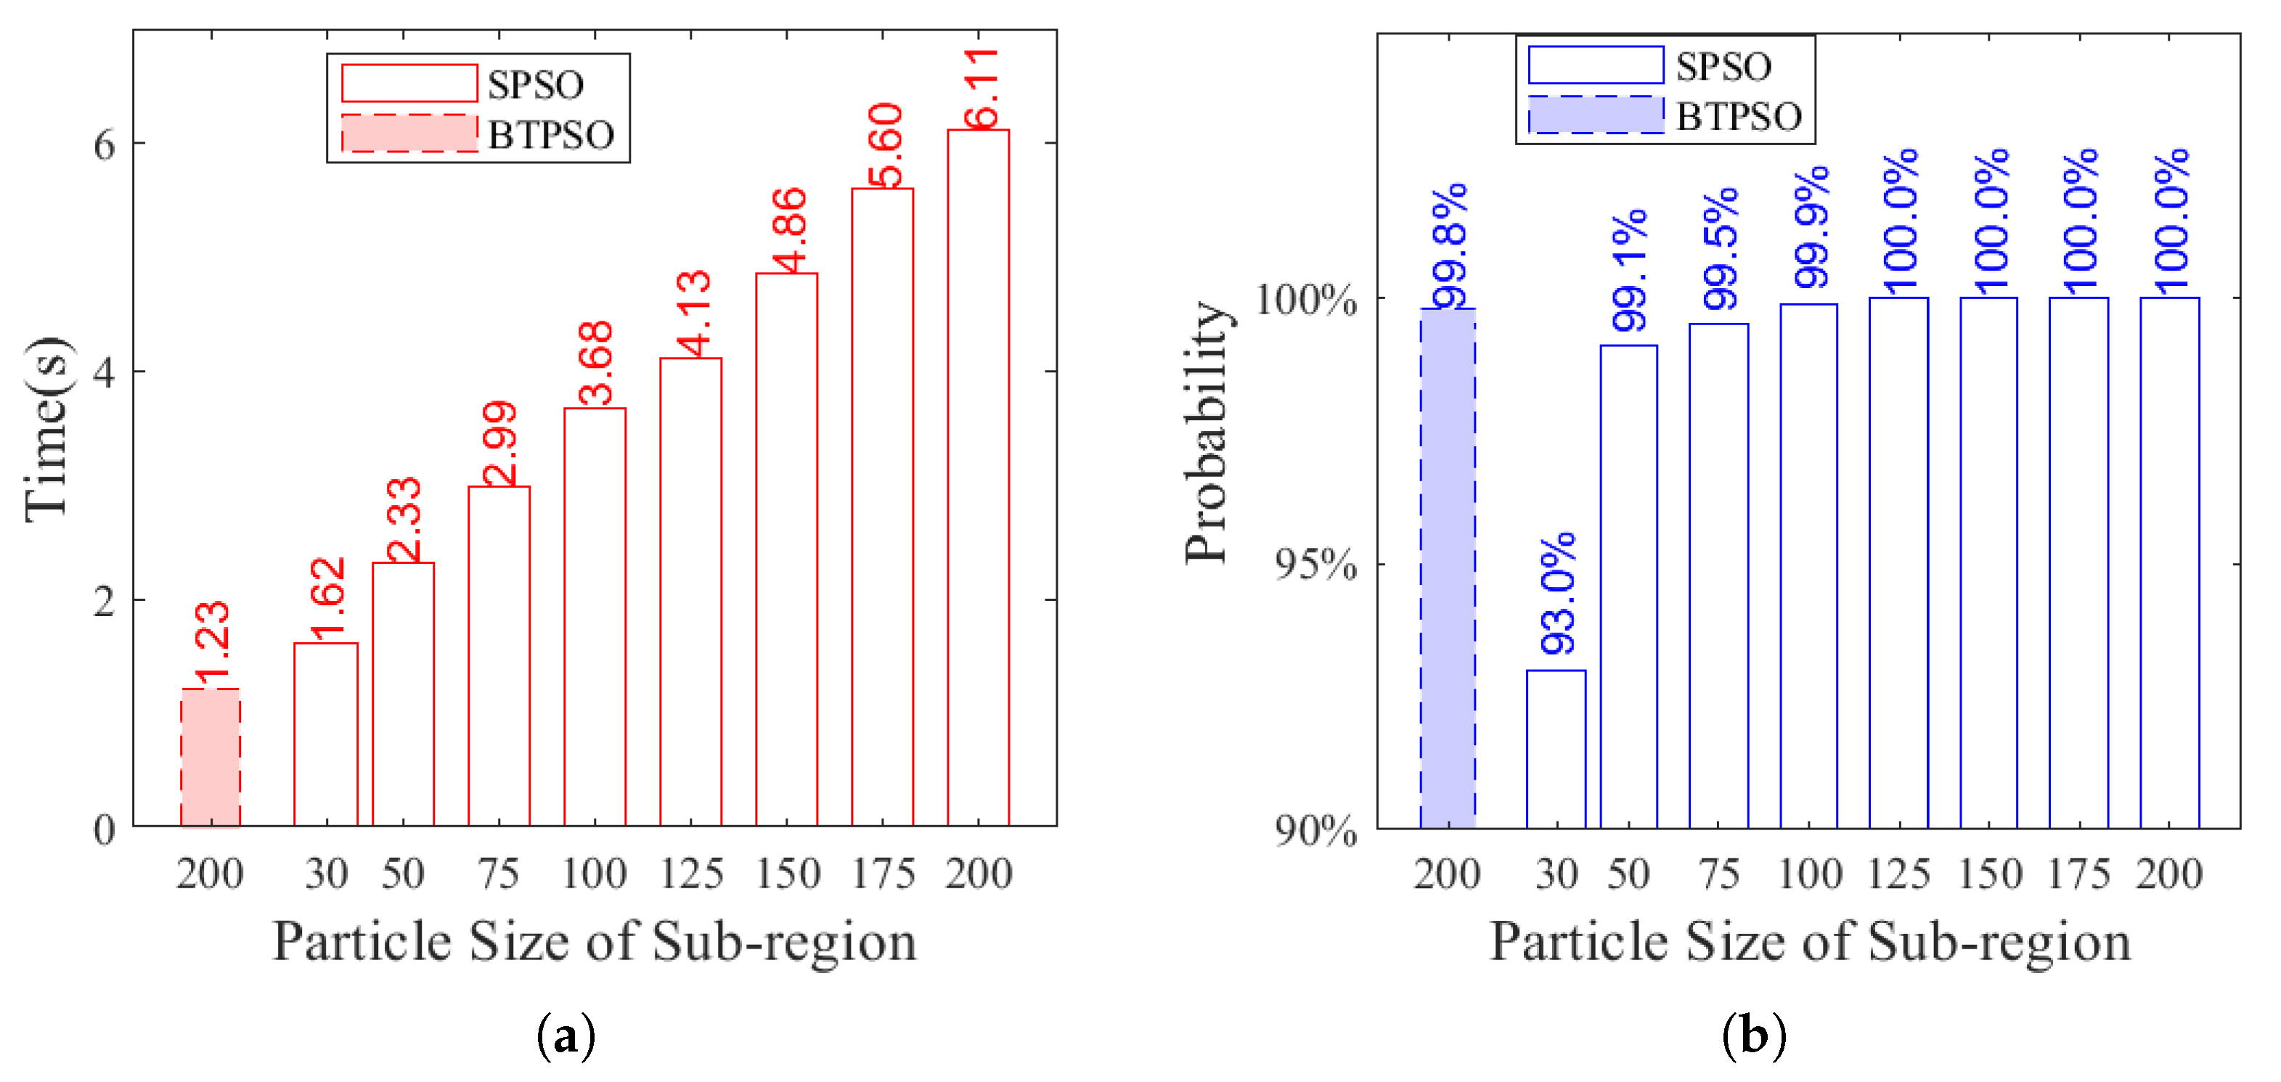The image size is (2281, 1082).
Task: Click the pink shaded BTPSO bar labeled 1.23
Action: [210, 758]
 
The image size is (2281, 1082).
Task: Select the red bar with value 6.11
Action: [978, 478]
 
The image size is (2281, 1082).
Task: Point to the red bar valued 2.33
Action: [403, 694]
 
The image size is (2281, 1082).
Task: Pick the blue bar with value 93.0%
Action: [1556, 749]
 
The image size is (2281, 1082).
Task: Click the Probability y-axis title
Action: [1207, 432]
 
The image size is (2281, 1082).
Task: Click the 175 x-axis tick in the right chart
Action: [2078, 874]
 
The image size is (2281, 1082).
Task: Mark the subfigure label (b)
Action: [1753, 1034]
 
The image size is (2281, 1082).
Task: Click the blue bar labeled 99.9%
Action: [1808, 567]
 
